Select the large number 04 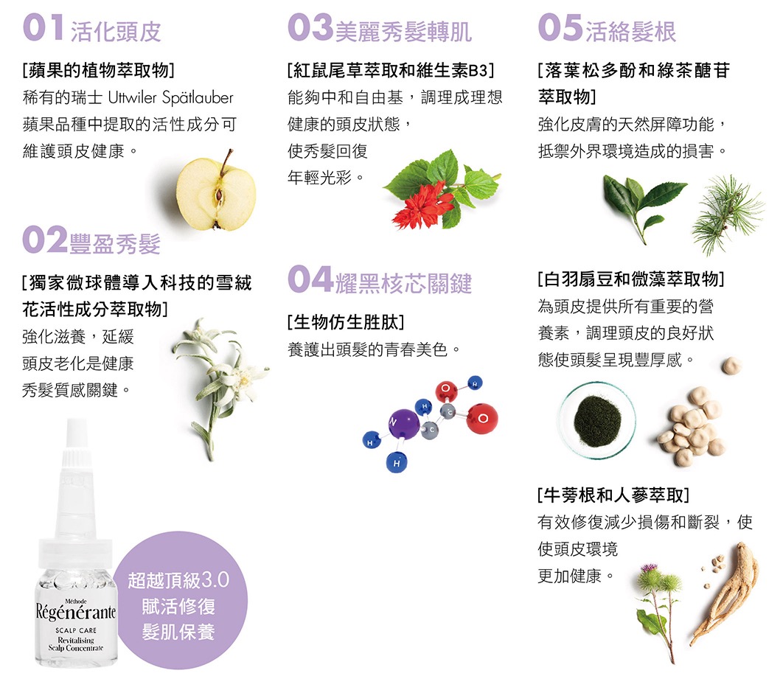[310, 279]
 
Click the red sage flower [422, 206]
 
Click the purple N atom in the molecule [403, 423]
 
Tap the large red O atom [482, 419]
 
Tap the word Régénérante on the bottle [76, 612]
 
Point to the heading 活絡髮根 [630, 32]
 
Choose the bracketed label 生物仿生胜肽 [346, 323]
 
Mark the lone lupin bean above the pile [731, 366]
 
